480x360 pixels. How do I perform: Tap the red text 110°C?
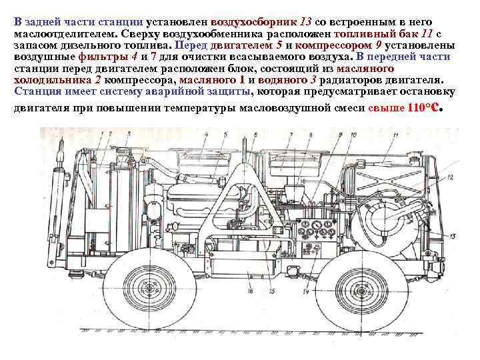click(423, 108)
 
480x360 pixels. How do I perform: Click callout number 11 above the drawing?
click(395, 135)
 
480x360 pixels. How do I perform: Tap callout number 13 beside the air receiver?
click(453, 236)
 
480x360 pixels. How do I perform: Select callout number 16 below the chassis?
click(251, 291)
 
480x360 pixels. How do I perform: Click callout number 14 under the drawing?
click(306, 291)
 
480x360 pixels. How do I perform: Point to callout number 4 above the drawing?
click(206, 134)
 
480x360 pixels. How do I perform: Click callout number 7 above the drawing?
click(291, 134)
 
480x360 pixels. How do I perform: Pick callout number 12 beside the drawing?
click(449, 177)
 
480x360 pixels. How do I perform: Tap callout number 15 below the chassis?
click(272, 291)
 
